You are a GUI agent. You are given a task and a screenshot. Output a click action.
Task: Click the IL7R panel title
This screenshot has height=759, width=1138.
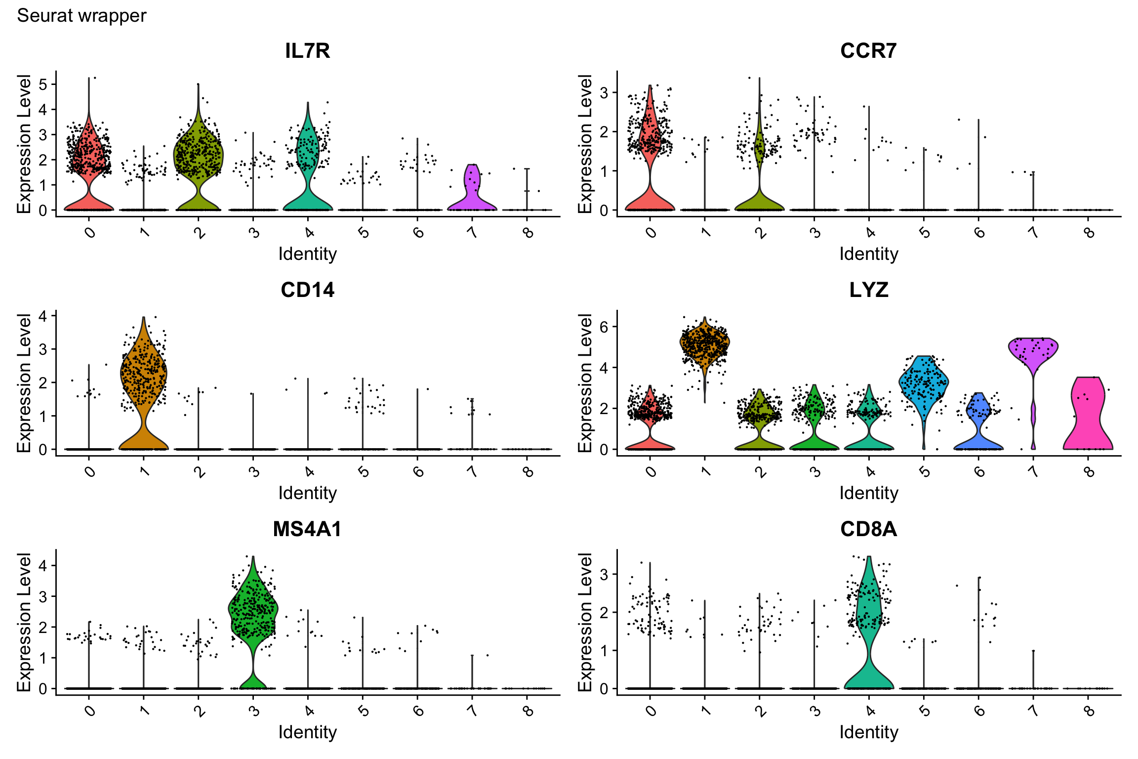click(307, 51)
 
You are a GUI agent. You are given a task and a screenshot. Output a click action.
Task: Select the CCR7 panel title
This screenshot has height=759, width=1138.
click(868, 51)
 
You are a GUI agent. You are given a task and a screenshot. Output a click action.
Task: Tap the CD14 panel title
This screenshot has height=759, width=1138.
click(307, 290)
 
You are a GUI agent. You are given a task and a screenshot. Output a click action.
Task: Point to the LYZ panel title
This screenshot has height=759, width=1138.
click(868, 290)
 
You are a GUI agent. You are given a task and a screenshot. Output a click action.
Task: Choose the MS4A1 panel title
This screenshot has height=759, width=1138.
click(307, 529)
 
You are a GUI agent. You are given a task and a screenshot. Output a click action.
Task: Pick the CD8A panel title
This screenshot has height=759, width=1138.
click(868, 529)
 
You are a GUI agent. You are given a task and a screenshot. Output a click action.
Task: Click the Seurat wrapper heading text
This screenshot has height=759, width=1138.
click(81, 16)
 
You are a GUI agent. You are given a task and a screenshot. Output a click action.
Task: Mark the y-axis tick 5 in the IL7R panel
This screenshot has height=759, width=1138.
click(43, 84)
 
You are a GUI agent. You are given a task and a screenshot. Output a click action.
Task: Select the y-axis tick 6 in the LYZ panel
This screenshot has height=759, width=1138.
click(604, 327)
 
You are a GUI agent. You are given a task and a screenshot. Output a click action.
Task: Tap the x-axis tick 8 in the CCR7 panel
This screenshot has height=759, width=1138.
click(1089, 232)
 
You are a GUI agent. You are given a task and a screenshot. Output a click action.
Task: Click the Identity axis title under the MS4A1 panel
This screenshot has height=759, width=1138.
click(307, 732)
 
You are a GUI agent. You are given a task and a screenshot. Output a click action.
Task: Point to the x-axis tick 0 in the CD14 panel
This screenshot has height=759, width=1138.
click(90, 471)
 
